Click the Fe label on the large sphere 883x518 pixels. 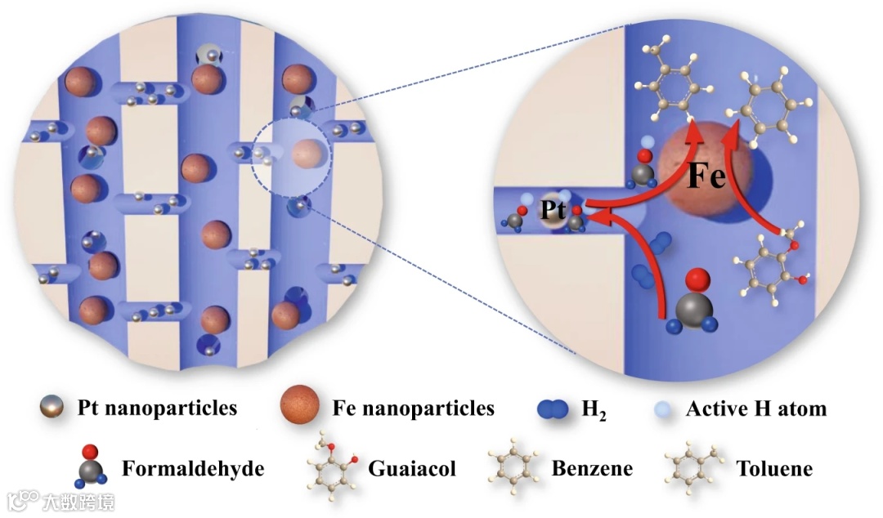706,176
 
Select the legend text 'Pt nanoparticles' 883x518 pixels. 158,407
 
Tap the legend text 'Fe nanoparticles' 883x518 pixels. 413,407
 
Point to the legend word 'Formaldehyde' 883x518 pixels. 194,468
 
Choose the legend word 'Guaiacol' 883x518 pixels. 411,469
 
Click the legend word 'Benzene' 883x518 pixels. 592,469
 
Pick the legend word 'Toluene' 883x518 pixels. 773,469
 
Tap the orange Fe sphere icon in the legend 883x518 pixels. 299,405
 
